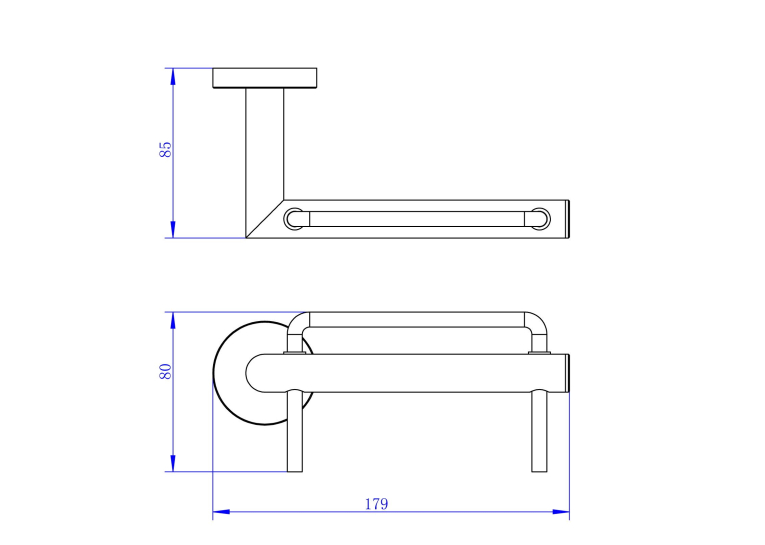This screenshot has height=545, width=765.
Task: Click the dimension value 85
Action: pyautogui.click(x=165, y=149)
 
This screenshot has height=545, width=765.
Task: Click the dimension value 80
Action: pyautogui.click(x=165, y=372)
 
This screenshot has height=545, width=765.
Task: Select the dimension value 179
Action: pyautogui.click(x=377, y=504)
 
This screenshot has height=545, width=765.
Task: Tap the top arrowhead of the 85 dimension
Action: pyautogui.click(x=173, y=77)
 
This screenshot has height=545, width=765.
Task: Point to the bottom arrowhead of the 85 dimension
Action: pyautogui.click(x=173, y=230)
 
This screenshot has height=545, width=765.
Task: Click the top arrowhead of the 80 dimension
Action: pyautogui.click(x=173, y=321)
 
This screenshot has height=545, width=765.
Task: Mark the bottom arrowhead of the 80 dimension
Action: pyautogui.click(x=173, y=463)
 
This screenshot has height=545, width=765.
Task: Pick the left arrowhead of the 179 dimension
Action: pyautogui.click(x=221, y=512)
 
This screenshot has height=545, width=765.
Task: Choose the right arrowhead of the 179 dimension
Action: pyautogui.click(x=561, y=512)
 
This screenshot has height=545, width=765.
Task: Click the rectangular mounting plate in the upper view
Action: pyautogui.click(x=265, y=78)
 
